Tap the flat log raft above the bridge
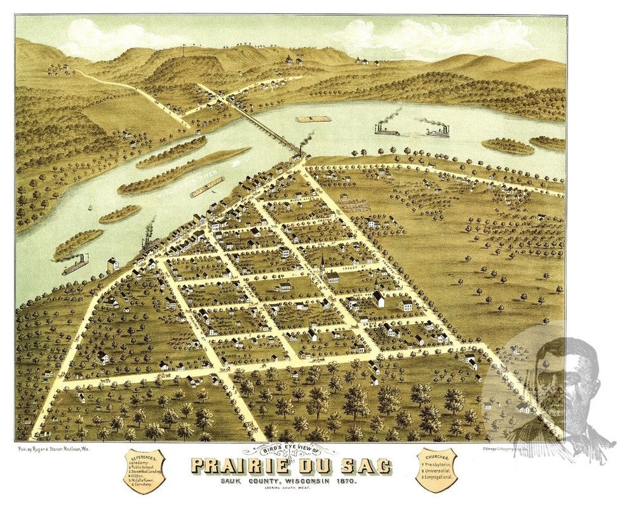tap(314, 119)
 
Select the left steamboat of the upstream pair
tap(386, 131)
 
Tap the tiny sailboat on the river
tap(90, 208)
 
